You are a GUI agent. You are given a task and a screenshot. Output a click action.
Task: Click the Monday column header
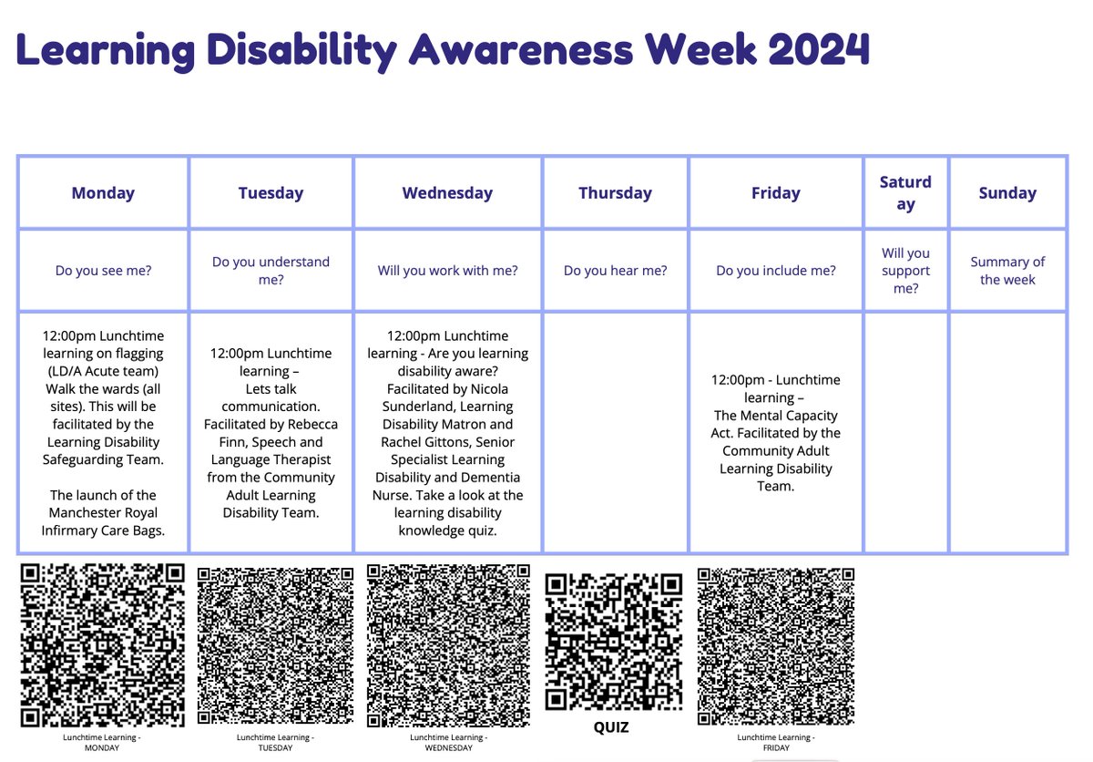(103, 193)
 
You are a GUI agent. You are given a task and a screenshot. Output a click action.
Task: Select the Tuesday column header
(271, 193)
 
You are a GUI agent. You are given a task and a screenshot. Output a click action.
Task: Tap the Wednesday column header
(447, 193)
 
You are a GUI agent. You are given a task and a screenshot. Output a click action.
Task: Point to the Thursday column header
(615, 193)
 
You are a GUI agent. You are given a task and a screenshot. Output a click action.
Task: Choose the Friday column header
(775, 193)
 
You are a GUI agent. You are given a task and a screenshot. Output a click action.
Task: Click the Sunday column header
(1007, 193)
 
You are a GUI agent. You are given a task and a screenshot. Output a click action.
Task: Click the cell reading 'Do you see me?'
(103, 271)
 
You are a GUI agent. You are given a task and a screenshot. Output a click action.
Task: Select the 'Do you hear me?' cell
(615, 271)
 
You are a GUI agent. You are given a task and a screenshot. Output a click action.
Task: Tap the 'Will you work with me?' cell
(447, 271)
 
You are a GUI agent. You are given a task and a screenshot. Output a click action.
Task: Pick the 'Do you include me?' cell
(775, 271)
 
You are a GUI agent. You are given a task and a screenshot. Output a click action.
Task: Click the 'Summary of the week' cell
(1007, 271)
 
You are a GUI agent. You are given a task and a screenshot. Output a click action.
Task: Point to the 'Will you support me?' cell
(905, 271)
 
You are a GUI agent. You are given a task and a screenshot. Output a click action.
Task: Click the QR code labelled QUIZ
(613, 642)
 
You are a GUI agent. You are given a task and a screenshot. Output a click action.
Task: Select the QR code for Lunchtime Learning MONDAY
(103, 645)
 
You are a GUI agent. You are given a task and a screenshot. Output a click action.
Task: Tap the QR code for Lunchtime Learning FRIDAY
(775, 646)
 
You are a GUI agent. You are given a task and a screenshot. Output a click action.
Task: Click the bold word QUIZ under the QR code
(611, 727)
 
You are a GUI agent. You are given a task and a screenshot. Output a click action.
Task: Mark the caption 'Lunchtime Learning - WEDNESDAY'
(448, 743)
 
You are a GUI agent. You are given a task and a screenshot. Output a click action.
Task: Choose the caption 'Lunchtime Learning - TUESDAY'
(275, 743)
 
